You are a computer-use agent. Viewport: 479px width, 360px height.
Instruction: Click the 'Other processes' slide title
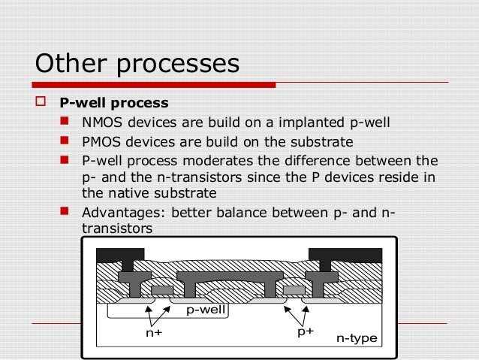tap(137, 63)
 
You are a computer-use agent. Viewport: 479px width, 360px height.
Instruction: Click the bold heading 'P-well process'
tap(113, 103)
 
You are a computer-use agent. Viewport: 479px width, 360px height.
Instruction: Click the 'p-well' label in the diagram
tap(206, 309)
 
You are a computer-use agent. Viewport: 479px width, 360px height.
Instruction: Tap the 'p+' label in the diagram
tap(305, 331)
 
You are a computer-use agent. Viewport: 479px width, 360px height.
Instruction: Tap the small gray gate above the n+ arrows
tap(161, 290)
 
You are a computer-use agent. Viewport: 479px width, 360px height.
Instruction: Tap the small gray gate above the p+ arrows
tap(294, 290)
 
